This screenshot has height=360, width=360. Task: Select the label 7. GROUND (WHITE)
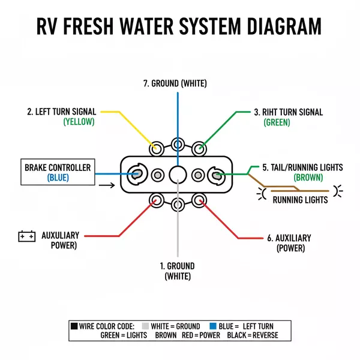[x=175, y=83]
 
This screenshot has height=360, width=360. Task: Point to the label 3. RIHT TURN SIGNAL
[x=288, y=112]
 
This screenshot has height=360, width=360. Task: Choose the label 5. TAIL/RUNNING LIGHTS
[x=302, y=167]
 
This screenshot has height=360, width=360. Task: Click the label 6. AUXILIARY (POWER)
[x=289, y=242]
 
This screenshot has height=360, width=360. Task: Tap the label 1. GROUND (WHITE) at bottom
[x=178, y=271]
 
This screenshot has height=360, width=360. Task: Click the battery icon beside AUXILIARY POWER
[x=27, y=236]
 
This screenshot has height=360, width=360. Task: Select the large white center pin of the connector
[x=178, y=175]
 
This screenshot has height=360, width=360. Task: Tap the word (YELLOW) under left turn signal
[x=79, y=122]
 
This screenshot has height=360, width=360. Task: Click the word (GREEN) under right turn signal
[x=277, y=122]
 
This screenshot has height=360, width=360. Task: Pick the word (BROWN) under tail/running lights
[x=308, y=178]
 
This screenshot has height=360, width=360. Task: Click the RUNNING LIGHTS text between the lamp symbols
[x=300, y=200]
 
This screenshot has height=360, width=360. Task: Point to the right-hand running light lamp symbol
[x=338, y=191]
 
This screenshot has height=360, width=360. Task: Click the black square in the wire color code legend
[x=74, y=326]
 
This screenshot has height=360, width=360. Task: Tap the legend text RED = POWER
[x=201, y=337]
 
